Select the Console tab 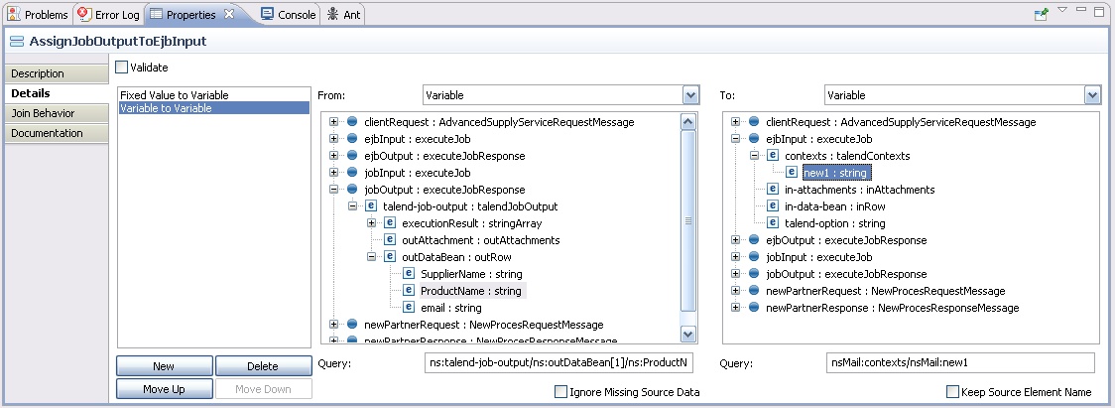(289, 15)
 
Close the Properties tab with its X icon (229, 14)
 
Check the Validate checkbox (122, 68)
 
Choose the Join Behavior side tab (43, 113)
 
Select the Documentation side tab (47, 133)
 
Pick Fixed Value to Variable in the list (174, 95)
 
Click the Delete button (263, 366)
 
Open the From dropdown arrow (691, 95)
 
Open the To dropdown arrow (1092, 95)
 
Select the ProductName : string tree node (470, 291)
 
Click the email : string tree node (454, 308)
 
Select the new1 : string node (835, 173)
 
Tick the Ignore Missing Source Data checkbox (561, 392)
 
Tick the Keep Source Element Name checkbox (953, 392)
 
